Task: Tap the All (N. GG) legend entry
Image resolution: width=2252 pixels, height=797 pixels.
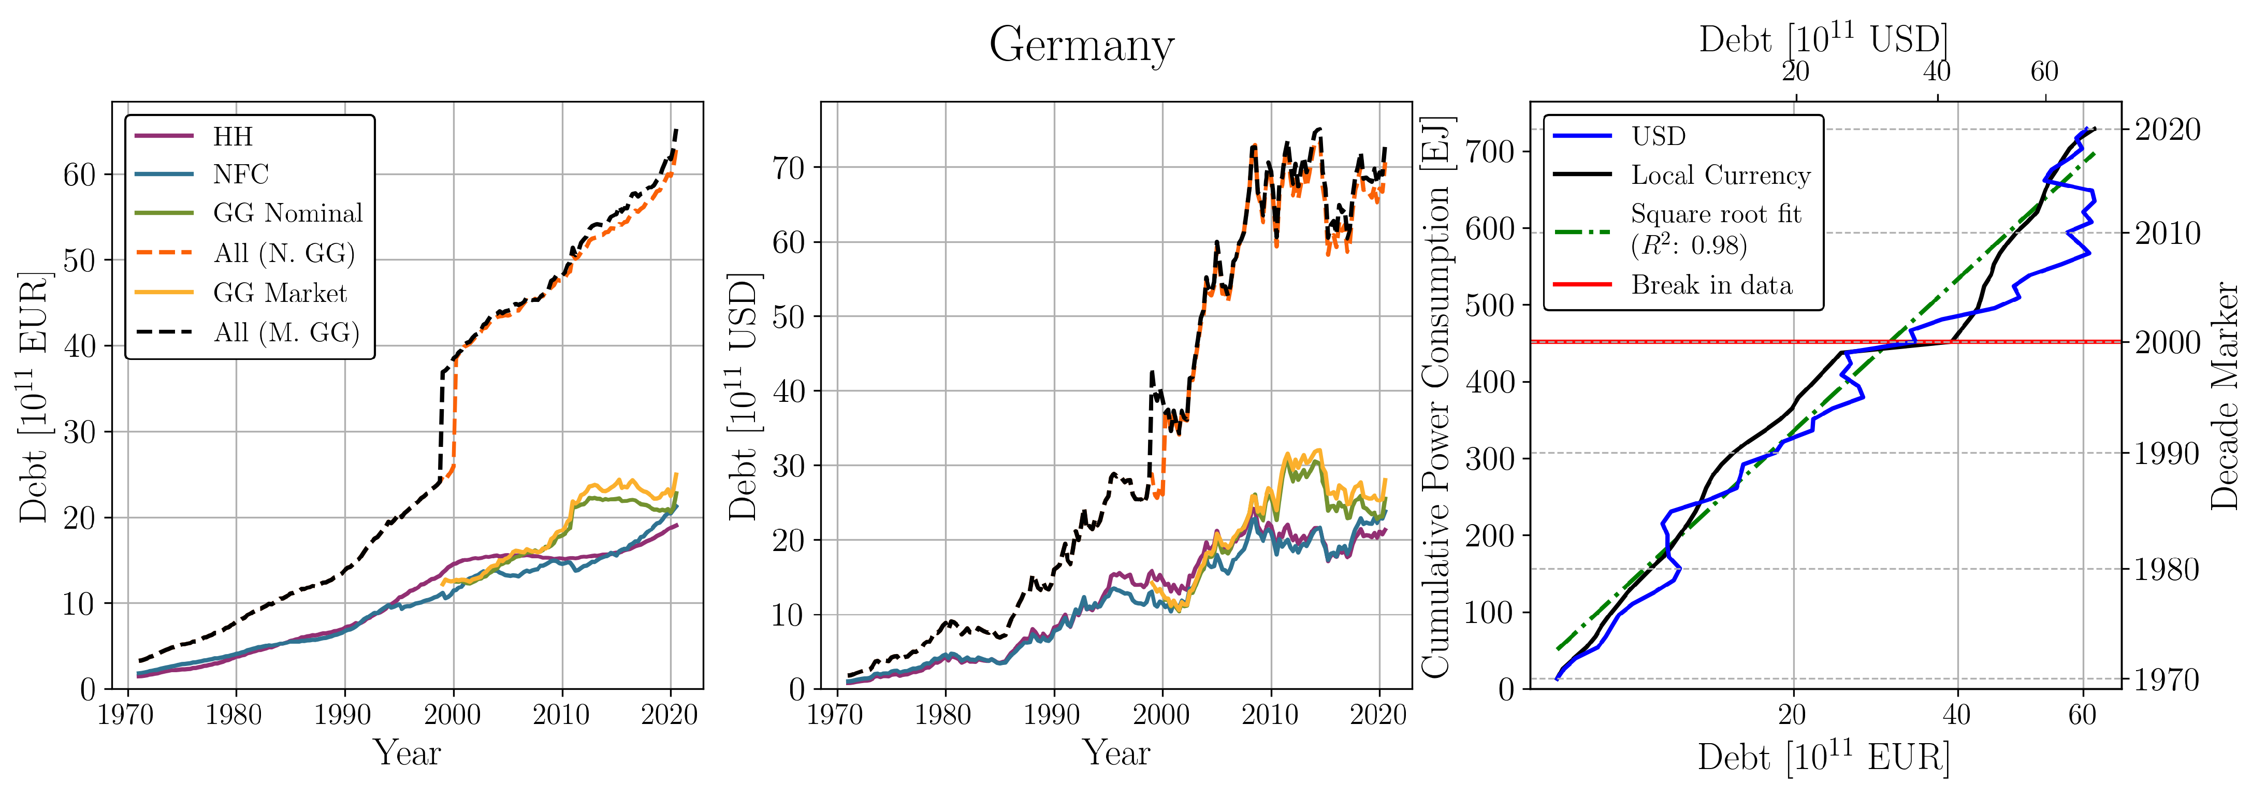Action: tap(284, 253)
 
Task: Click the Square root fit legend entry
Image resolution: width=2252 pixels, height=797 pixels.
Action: tap(1715, 229)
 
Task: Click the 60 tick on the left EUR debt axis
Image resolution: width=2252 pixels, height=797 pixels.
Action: tap(80, 175)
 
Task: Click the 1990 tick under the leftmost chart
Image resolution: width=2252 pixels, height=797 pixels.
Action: tap(343, 715)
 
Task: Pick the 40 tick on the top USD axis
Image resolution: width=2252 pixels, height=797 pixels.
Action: tap(1937, 71)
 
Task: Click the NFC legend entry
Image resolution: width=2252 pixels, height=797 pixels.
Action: tap(240, 175)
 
